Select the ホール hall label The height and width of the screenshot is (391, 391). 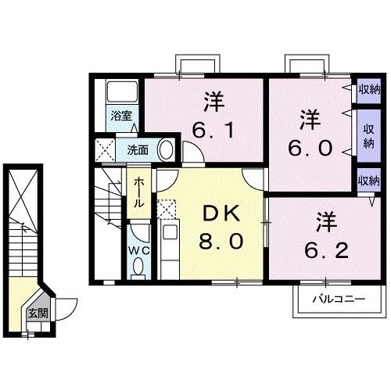pos(138,192)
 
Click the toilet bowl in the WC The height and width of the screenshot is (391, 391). pos(138,268)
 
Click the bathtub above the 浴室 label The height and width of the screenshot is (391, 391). pos(121,92)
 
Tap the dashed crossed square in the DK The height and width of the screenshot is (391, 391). pos(166,209)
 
